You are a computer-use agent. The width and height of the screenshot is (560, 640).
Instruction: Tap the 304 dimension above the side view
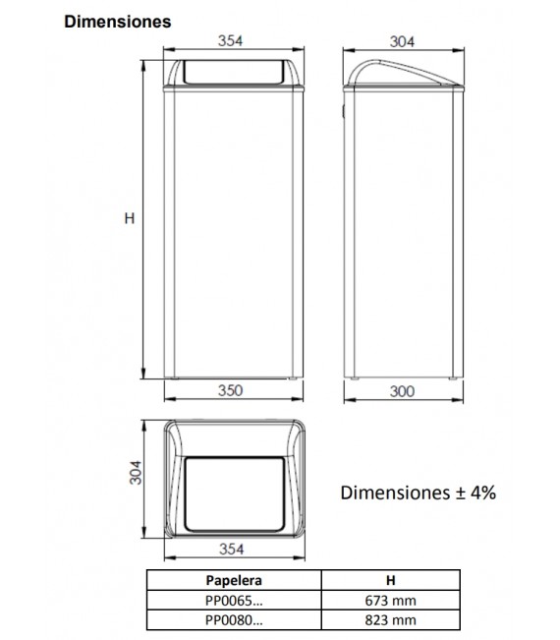(402, 40)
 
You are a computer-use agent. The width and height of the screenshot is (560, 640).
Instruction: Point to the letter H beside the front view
(129, 219)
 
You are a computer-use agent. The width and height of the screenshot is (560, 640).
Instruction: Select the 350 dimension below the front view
(230, 390)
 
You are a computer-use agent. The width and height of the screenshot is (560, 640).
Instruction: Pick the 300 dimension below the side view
(402, 390)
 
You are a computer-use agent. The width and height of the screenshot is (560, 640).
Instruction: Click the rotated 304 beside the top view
(139, 480)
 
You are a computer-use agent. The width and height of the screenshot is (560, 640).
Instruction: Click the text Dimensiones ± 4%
(418, 493)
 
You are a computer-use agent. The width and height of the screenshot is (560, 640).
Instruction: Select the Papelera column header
(234, 580)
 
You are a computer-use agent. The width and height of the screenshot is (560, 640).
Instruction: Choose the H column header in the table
(390, 580)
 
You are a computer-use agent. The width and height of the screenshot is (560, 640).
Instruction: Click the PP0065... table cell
(234, 600)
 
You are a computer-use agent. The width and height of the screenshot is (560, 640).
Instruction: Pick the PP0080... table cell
(234, 619)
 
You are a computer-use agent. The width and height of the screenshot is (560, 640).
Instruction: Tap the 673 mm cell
(390, 600)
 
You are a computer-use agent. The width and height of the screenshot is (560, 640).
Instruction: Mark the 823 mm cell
(390, 619)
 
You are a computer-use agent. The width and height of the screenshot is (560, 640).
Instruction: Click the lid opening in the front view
(231, 72)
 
